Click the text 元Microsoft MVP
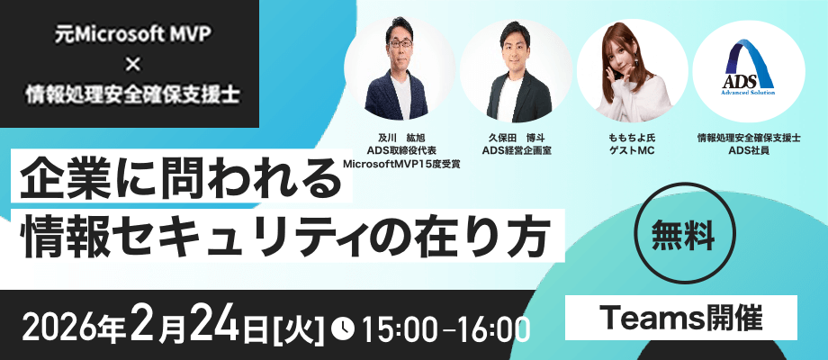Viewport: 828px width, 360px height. coord(133,34)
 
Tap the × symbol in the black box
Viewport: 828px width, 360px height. coord(133,65)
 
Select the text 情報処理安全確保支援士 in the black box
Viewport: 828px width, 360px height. coord(133,95)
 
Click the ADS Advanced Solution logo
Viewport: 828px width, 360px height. coord(749,67)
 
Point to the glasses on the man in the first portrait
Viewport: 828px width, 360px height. coord(400,43)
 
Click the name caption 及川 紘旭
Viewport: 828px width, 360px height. coord(401,139)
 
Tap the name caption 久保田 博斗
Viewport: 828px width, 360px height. coord(517,139)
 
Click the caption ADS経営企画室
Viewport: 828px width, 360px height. coord(517,151)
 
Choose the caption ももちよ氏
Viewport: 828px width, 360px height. coord(632,139)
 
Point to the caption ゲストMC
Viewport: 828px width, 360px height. coord(632,151)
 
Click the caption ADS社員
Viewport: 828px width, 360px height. coord(749,151)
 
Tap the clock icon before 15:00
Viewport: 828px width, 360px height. coord(342,328)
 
